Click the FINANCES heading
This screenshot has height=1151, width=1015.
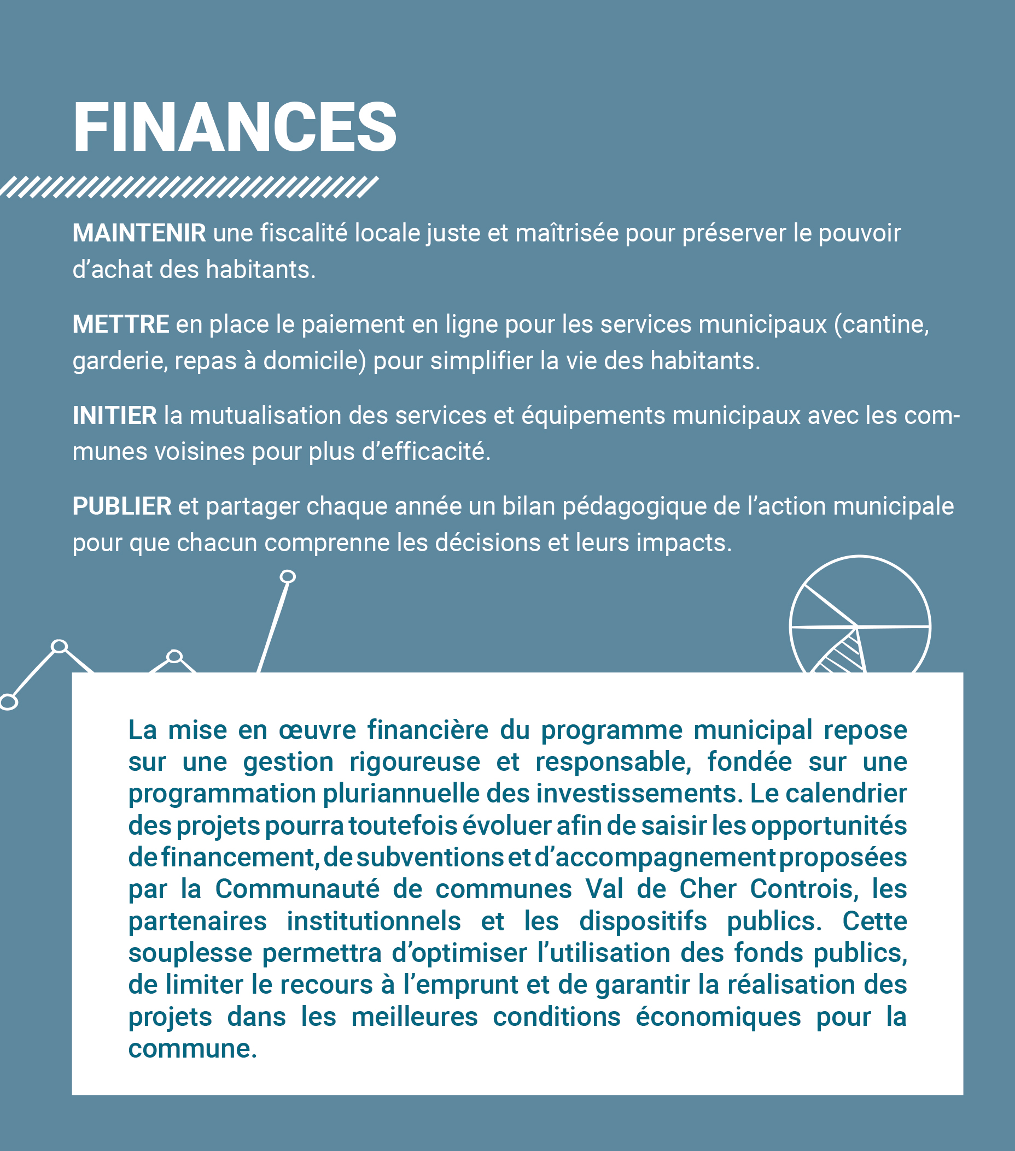click(x=235, y=127)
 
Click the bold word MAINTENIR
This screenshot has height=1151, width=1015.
click(x=139, y=233)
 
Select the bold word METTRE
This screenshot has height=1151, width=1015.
click(x=121, y=324)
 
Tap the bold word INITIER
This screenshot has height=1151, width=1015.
click(x=114, y=416)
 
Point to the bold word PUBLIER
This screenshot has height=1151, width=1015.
click(x=122, y=506)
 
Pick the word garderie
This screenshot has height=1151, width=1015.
click(x=119, y=361)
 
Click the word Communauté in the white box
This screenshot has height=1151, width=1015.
click(x=297, y=889)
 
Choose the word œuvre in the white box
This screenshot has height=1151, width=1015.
click(x=317, y=730)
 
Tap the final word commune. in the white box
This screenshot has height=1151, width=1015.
click(x=192, y=1048)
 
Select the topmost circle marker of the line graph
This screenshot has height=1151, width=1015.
click(x=288, y=576)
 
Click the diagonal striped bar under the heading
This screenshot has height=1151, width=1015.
click(x=189, y=187)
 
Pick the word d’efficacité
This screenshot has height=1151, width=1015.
click(x=425, y=452)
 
